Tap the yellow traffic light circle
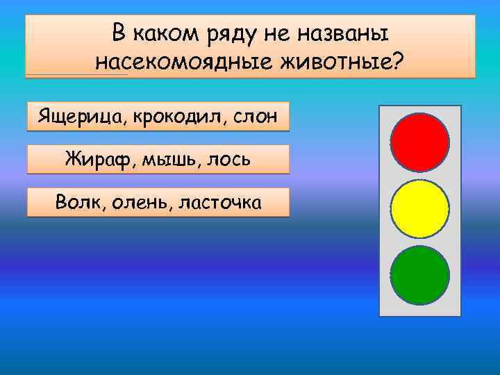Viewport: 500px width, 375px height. pos(419,208)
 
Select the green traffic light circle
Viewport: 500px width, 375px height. pos(419,276)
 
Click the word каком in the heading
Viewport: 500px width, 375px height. pos(163,33)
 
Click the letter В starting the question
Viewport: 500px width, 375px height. pos(119,32)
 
